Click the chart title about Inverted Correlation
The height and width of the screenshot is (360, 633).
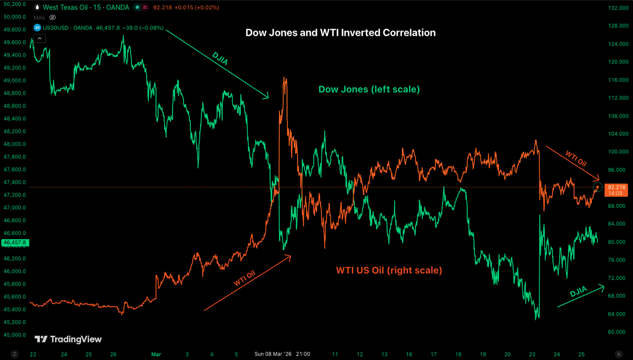(x=340, y=33)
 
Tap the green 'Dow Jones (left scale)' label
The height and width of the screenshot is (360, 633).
(x=369, y=90)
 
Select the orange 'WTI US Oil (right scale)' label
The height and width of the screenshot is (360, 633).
(x=389, y=270)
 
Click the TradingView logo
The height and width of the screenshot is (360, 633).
(x=68, y=339)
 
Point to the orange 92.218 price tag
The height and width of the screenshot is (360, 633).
(x=617, y=187)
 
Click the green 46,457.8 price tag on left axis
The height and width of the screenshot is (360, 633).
(x=15, y=243)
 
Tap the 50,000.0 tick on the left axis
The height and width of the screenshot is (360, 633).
(x=15, y=17)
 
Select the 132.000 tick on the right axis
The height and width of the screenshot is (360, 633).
(x=618, y=8)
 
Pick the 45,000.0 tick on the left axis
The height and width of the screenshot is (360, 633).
(x=15, y=335)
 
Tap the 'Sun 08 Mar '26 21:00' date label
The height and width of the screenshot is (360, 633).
(x=282, y=354)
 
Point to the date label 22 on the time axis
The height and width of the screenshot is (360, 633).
(x=33, y=354)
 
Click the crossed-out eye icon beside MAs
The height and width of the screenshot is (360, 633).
(x=52, y=18)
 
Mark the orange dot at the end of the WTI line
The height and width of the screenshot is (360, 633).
(x=597, y=187)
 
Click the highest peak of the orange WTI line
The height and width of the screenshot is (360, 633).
(x=284, y=77)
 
